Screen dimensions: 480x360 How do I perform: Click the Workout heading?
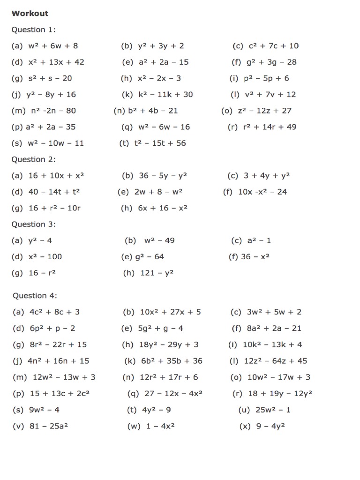coord(30,13)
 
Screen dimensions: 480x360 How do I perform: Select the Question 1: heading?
coord(34,30)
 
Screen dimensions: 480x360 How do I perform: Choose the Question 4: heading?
coord(35,296)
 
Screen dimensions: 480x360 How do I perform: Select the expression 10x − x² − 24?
coord(262,192)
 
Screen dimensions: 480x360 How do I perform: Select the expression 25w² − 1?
coord(273,410)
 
